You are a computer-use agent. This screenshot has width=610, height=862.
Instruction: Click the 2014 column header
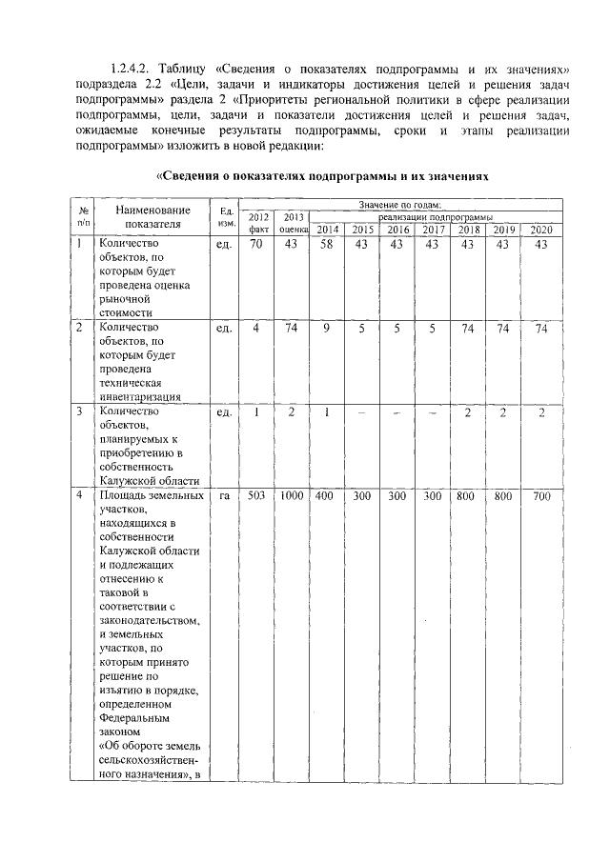pyautogui.click(x=327, y=230)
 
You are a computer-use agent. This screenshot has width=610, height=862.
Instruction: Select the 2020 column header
pyautogui.click(x=540, y=230)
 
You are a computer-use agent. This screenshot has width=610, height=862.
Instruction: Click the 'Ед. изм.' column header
pyautogui.click(x=226, y=217)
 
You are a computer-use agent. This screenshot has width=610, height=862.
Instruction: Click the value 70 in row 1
pyautogui.click(x=256, y=245)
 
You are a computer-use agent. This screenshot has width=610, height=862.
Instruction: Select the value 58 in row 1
pyautogui.click(x=327, y=245)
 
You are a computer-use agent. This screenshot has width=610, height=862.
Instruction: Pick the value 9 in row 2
pyautogui.click(x=327, y=329)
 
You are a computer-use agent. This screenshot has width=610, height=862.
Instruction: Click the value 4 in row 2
pyautogui.click(x=256, y=329)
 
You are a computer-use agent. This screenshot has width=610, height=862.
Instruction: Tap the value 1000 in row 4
pyautogui.click(x=292, y=495)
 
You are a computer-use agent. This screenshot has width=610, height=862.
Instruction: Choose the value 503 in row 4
pyautogui.click(x=256, y=495)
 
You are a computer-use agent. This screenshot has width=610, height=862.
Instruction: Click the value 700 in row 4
pyautogui.click(x=540, y=495)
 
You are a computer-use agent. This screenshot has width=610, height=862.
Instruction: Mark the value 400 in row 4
pyautogui.click(x=327, y=495)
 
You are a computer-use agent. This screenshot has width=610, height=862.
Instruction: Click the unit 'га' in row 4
pyautogui.click(x=226, y=495)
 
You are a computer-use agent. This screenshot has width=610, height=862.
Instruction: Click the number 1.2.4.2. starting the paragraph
pyautogui.click(x=132, y=70)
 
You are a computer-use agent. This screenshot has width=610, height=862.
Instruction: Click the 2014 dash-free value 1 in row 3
pyautogui.click(x=327, y=412)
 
